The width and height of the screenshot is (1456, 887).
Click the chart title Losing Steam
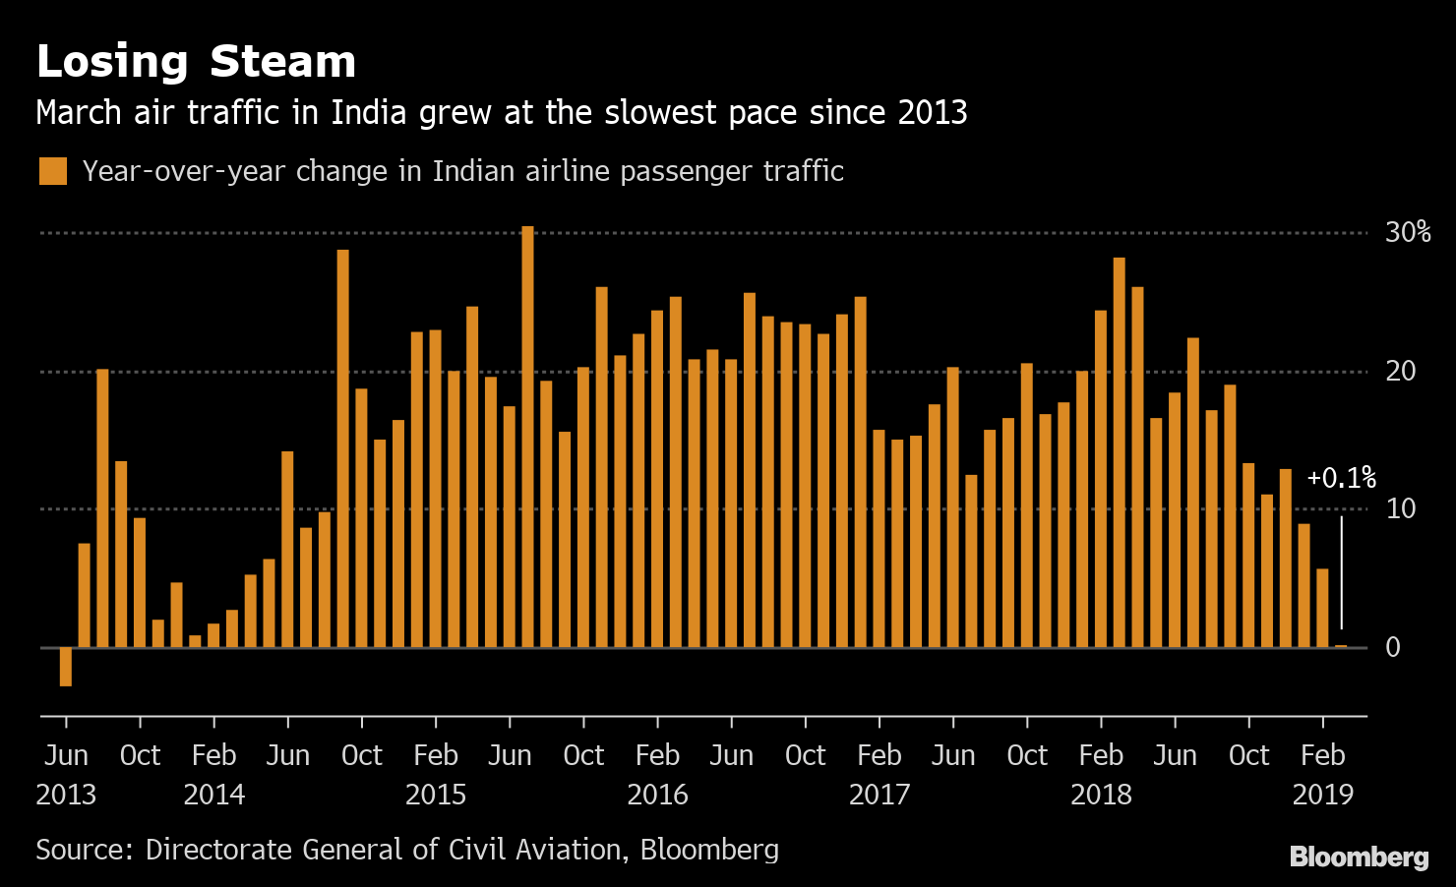pos(196,61)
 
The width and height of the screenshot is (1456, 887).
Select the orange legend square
pos(53,171)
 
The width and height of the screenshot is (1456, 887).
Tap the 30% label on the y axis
pos(1407,232)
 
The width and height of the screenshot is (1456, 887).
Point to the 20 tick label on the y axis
pos(1400,371)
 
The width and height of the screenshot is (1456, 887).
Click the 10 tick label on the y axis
pos(1400,508)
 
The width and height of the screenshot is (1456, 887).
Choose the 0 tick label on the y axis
pos(1393,647)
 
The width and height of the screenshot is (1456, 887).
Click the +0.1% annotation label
pos(1341,479)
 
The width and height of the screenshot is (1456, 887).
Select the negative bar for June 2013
pos(66,666)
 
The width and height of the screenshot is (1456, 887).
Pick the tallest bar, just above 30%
pos(528,437)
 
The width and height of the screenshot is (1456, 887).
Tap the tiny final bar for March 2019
pos(1341,646)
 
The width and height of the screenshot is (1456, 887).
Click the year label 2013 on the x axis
pos(66,795)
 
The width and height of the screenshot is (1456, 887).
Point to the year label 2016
pos(657,795)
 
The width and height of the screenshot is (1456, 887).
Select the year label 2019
pos(1322,795)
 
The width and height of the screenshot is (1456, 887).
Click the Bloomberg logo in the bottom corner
pos(1359,857)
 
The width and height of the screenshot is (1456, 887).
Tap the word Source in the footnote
pos(85,850)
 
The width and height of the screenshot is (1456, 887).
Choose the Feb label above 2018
pos(1101,755)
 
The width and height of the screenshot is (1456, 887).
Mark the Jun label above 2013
pos(66,755)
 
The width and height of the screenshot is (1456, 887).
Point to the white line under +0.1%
pos(1341,570)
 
